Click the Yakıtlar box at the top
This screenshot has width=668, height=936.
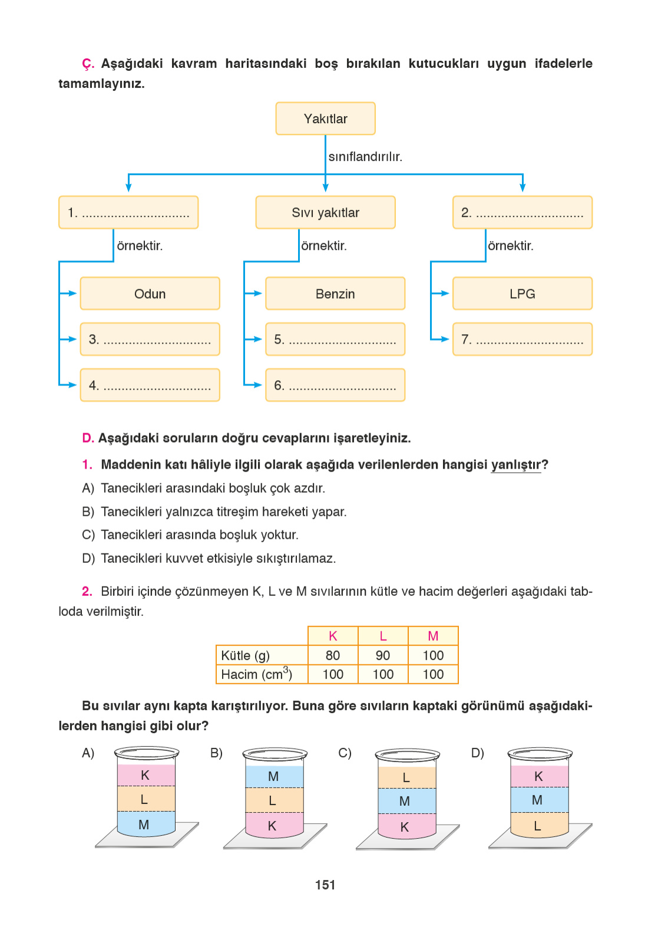[325, 118]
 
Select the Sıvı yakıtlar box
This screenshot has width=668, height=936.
[325, 213]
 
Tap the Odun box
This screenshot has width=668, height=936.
[150, 294]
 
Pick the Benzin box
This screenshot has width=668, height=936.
[335, 294]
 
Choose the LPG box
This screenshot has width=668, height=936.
[522, 294]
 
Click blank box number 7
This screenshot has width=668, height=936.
[522, 340]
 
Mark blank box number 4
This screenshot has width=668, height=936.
[150, 385]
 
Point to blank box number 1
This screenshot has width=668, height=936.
[128, 213]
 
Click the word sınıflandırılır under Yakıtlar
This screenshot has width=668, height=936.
[365, 157]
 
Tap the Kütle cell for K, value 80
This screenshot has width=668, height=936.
[333, 655]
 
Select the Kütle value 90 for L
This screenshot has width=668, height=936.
[383, 655]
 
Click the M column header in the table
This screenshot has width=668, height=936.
[433, 636]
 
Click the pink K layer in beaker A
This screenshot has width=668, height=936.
[145, 775]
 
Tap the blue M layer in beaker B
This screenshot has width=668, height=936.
[274, 776]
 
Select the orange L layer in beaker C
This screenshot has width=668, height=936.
[406, 777]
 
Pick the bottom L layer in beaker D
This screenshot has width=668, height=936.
[538, 826]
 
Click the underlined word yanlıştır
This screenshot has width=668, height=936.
[515, 465]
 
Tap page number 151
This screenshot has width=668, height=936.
[325, 885]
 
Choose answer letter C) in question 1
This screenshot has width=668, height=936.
[88, 535]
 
